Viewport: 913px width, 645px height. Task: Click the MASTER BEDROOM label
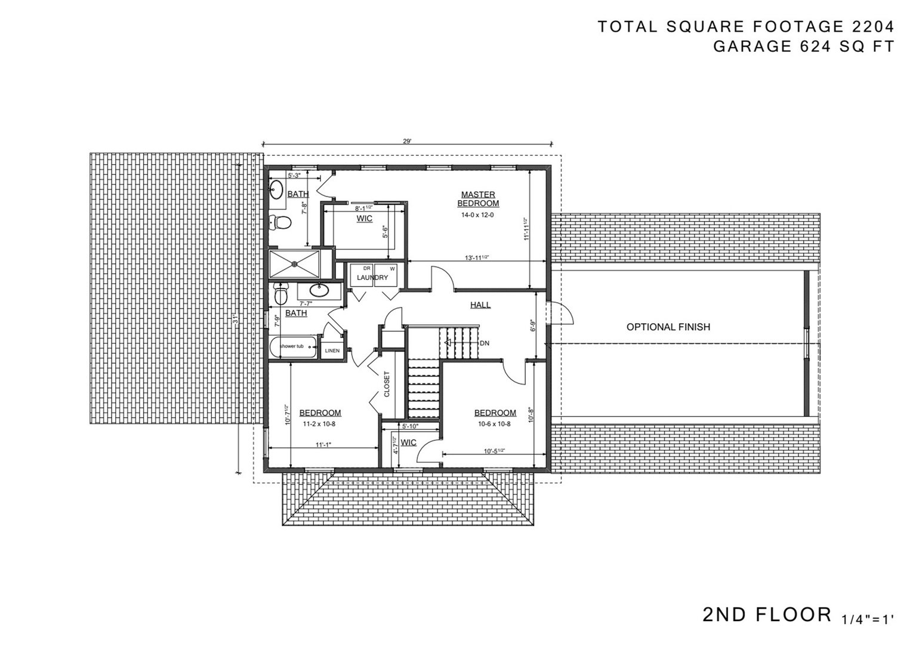[x=477, y=199]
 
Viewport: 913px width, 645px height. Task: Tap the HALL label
[x=480, y=305]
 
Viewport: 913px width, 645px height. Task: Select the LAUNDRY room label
[x=372, y=278]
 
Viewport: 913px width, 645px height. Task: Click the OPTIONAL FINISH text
[x=668, y=327]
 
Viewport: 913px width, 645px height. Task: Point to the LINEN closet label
[x=332, y=351]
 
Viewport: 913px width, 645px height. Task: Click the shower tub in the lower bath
[x=292, y=348]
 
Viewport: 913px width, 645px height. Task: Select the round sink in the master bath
[x=276, y=191]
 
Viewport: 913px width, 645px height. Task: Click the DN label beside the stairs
[x=485, y=343]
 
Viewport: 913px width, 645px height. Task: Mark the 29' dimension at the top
[x=407, y=142]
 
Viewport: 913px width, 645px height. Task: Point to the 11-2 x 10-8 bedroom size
[x=320, y=423]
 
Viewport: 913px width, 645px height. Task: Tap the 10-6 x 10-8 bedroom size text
[x=495, y=423]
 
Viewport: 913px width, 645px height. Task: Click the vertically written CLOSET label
[x=387, y=385]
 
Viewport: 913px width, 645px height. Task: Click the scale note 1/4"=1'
[x=868, y=619]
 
